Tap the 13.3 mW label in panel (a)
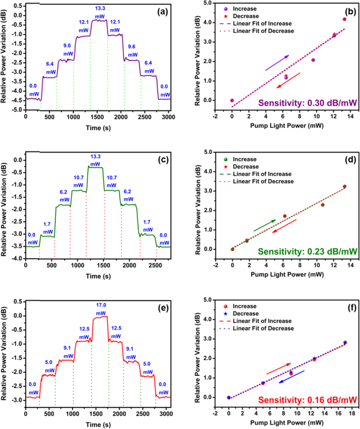click(x=99, y=12)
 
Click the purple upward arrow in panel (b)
click(x=276, y=63)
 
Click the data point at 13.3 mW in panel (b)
click(x=344, y=19)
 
